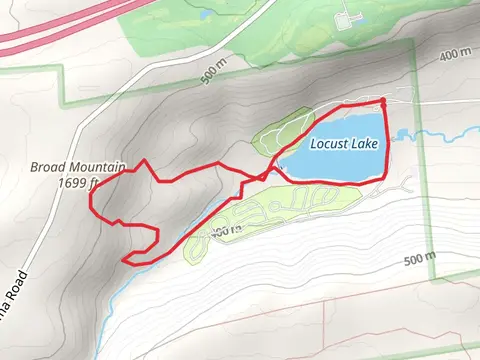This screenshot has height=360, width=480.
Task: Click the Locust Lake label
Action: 343,144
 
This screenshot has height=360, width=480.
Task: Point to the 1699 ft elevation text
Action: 77,183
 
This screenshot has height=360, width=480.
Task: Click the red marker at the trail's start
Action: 383,100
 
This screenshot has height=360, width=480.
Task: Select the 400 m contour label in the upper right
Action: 454,53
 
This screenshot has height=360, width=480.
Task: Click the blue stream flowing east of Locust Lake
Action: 430,133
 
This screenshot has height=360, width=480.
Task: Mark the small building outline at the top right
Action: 347,17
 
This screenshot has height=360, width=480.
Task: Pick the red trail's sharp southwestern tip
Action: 124,260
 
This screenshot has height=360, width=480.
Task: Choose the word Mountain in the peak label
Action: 85,168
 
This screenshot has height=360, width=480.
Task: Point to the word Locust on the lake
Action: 327,144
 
